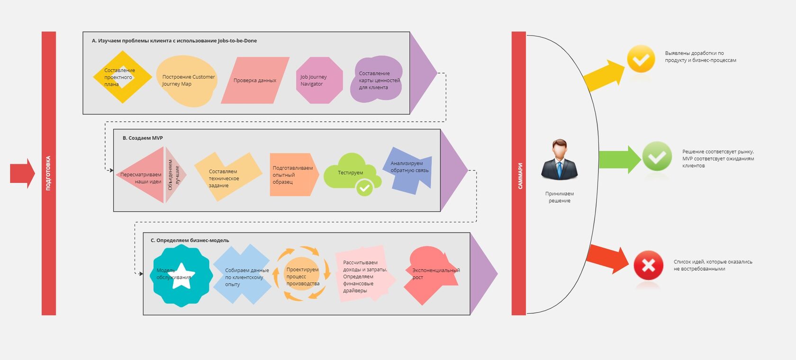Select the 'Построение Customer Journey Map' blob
(187, 81)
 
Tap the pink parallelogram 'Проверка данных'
(255, 81)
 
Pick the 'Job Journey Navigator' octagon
(319, 81)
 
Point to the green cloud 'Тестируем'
(351, 172)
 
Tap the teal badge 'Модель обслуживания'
(182, 276)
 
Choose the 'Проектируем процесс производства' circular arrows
(302, 274)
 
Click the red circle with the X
(648, 265)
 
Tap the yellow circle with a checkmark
(641, 59)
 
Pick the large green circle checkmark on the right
(657, 156)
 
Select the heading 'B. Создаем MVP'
(143, 138)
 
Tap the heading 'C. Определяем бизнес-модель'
(190, 241)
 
